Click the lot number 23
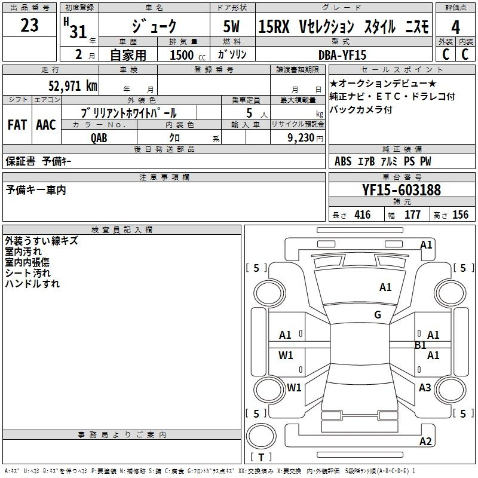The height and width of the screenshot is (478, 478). (x=29, y=25)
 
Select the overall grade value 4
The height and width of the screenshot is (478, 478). (x=455, y=27)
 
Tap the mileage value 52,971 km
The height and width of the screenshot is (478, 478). (x=73, y=85)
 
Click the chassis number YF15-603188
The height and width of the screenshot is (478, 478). (x=402, y=189)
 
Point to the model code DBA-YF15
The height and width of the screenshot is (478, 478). (x=342, y=55)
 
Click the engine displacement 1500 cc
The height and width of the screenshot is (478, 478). (x=188, y=55)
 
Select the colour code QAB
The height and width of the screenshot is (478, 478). (x=99, y=138)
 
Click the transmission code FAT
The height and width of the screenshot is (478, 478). (x=17, y=125)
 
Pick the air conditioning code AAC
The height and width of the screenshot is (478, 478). (x=46, y=125)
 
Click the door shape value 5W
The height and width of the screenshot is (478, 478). (x=231, y=26)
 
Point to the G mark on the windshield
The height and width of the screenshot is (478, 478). (x=378, y=314)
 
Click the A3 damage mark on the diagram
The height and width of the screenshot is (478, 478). (x=425, y=387)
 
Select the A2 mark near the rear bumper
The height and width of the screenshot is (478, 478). (x=425, y=441)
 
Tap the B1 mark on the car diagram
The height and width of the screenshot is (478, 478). (x=421, y=345)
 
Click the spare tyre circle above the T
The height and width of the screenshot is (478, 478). (x=261, y=436)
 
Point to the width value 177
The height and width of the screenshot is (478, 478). (x=412, y=215)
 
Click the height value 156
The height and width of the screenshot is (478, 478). (x=460, y=215)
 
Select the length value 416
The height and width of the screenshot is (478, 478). (x=363, y=215)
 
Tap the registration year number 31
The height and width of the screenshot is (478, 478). (x=78, y=32)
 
